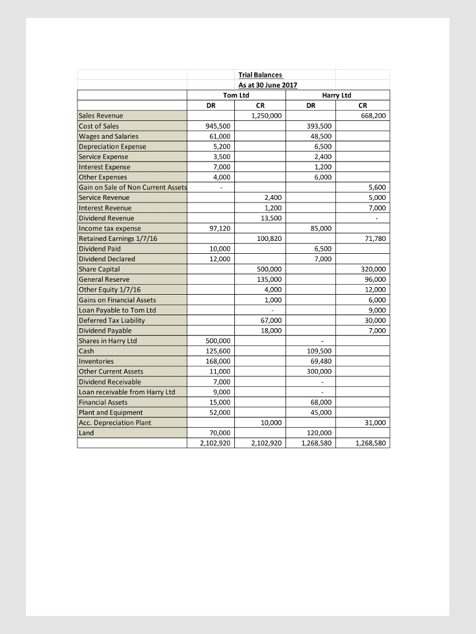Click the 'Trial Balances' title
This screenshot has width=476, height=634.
[260, 75]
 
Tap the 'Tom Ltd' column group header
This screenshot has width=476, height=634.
[236, 95]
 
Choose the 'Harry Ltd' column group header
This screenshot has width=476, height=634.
[337, 95]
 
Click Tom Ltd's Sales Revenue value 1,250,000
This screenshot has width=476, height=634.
[265, 116]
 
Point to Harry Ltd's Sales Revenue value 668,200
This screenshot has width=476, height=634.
[372, 116]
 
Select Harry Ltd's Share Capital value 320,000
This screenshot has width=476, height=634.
[372, 269]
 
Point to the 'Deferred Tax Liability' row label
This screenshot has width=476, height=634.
[112, 320]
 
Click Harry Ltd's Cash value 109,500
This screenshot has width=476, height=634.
[320, 351]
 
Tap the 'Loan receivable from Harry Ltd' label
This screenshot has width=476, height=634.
[126, 392]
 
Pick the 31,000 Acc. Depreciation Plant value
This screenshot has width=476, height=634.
[375, 423]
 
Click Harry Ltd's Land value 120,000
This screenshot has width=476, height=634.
[320, 433]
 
